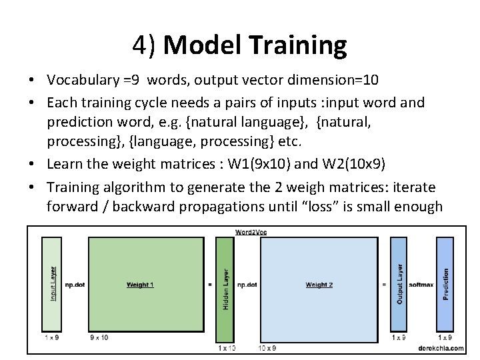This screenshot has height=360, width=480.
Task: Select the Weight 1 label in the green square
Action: point(140,285)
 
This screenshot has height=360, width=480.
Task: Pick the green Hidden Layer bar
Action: point(225,289)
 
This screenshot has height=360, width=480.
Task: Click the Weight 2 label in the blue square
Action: point(319,285)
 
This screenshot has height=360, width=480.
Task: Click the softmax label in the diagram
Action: point(421,285)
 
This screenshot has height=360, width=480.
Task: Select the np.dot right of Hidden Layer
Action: point(247,285)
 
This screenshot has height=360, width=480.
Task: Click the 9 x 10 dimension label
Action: point(99,337)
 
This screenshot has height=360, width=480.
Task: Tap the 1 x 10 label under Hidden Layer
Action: point(227,348)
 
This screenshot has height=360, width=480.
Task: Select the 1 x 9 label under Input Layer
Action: point(50,337)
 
